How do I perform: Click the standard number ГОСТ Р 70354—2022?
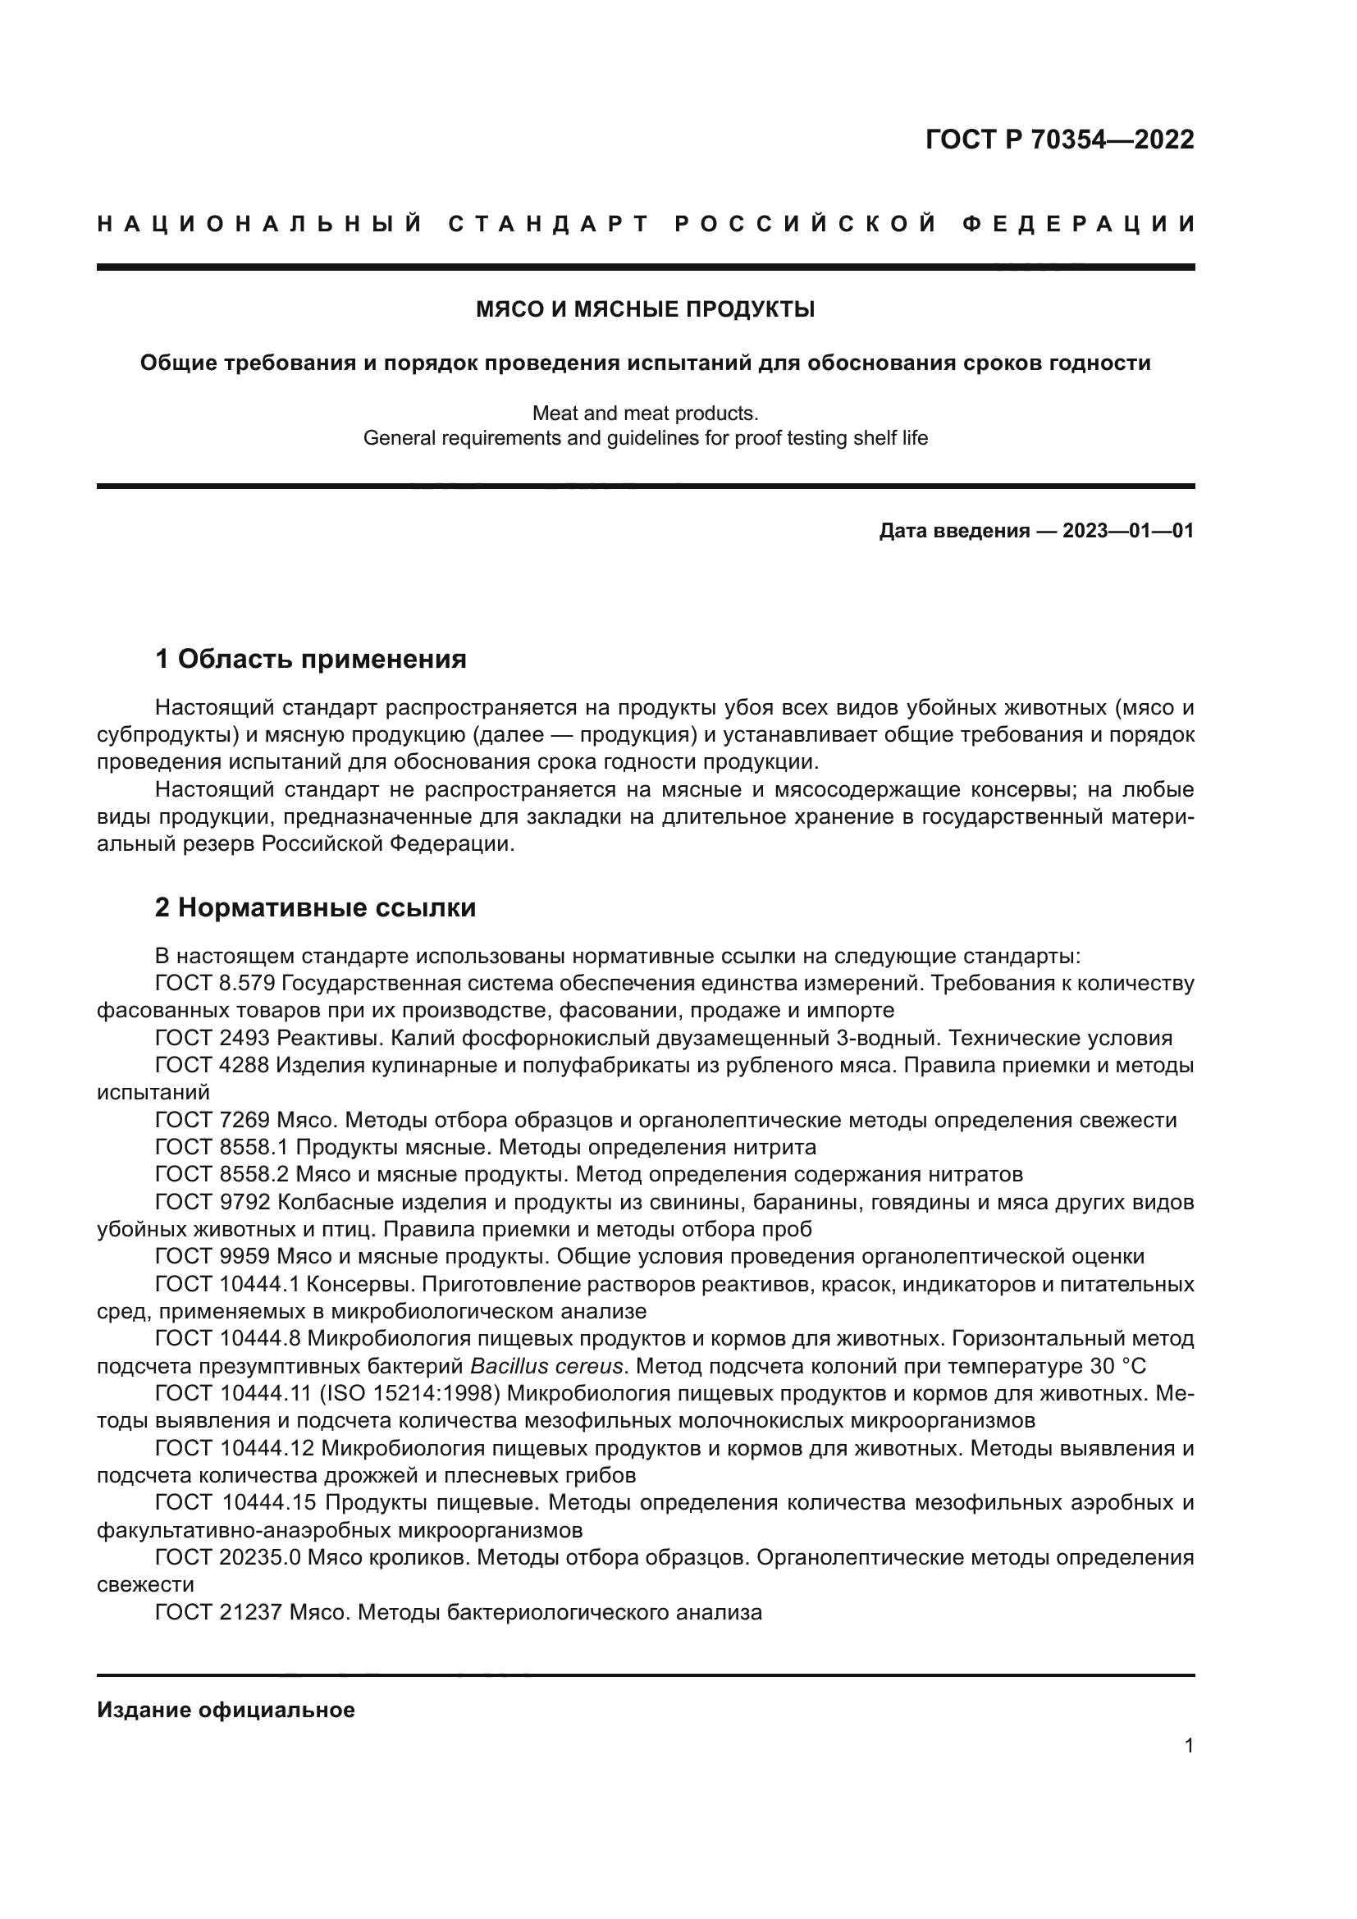pos(1059,139)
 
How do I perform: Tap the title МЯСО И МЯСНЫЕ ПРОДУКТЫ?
pos(645,309)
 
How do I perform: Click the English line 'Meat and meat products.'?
pos(645,413)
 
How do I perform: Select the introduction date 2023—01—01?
pos(1127,531)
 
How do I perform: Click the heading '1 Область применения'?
pos(310,660)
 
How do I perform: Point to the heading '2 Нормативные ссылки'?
pos(315,907)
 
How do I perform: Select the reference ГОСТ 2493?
pos(212,1039)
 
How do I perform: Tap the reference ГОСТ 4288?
pos(212,1066)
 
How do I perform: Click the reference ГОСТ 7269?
pos(212,1121)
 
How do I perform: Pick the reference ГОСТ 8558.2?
pos(222,1175)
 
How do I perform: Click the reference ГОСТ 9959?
pos(212,1257)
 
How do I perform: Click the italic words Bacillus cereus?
pos(546,1367)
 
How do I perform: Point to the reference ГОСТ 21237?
pos(219,1613)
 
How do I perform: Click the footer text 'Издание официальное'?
pos(226,1710)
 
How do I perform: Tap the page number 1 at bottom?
pos(1189,1746)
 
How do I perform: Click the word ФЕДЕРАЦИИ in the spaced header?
pos(1078,224)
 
